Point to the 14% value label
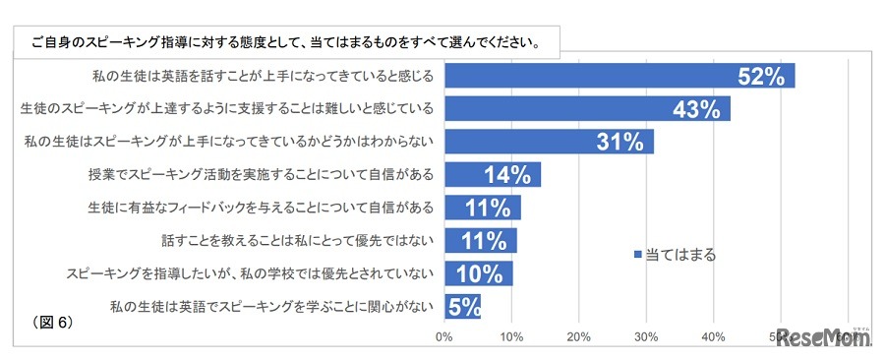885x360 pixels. (x=509, y=175)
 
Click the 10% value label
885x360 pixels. (x=482, y=274)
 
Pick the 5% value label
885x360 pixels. (x=463, y=307)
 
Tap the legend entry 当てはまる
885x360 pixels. (x=676, y=255)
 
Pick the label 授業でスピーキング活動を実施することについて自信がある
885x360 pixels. (x=261, y=175)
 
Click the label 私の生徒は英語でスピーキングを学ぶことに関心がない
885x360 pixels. (x=271, y=307)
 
